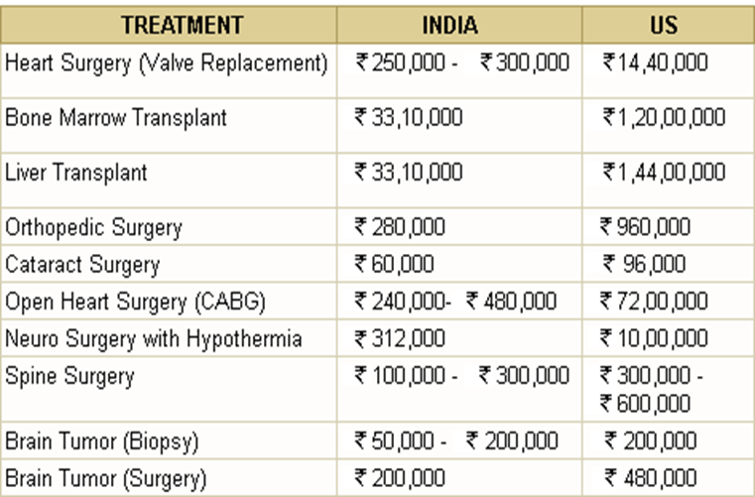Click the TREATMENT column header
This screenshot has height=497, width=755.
pyautogui.click(x=182, y=25)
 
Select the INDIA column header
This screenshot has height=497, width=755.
pyautogui.click(x=450, y=25)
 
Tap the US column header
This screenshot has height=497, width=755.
pyautogui.click(x=664, y=25)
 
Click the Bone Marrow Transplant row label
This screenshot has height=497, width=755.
pyautogui.click(x=115, y=117)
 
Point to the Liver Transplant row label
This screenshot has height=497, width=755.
pyautogui.click(x=76, y=173)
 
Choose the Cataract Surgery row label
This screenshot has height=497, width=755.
pyautogui.click(x=82, y=265)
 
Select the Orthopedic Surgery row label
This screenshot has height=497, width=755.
pyautogui.click(x=93, y=227)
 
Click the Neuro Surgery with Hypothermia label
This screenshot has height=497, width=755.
pyautogui.click(x=153, y=338)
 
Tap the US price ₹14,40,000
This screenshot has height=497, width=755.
pyautogui.click(x=656, y=62)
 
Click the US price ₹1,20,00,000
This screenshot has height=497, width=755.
pyautogui.click(x=664, y=117)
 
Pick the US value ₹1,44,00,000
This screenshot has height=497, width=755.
pyautogui.click(x=664, y=173)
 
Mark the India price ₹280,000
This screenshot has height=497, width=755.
pyautogui.click(x=400, y=227)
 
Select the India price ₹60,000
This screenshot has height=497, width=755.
pyautogui.click(x=394, y=264)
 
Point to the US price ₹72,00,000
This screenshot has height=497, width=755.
pyautogui.click(x=654, y=301)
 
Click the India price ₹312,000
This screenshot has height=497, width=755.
pyautogui.click(x=400, y=338)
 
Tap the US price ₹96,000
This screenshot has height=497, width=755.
pyautogui.click(x=644, y=264)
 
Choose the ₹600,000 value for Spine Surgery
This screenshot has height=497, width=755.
pyautogui.click(x=645, y=403)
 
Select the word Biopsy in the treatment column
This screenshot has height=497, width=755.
pyautogui.click(x=161, y=441)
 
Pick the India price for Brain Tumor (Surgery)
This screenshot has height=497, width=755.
pyautogui.click(x=400, y=478)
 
